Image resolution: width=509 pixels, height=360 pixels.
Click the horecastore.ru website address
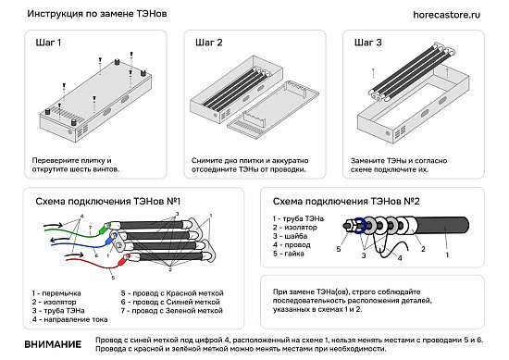(x=446, y=15)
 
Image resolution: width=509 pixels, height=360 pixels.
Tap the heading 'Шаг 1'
(x=48, y=43)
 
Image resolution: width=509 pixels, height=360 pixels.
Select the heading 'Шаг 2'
(x=209, y=43)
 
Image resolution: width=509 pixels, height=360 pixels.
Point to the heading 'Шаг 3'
(x=367, y=43)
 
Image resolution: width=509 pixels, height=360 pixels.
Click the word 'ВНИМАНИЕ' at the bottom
(x=53, y=344)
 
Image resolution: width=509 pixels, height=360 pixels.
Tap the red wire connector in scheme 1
(x=124, y=259)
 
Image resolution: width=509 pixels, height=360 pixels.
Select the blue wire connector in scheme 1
(x=109, y=241)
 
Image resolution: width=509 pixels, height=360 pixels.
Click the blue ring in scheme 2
(x=359, y=226)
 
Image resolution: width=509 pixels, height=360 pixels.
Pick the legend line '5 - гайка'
(x=288, y=254)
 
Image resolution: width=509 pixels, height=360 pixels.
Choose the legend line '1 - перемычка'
(x=56, y=293)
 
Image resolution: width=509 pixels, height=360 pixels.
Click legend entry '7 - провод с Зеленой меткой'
(x=172, y=311)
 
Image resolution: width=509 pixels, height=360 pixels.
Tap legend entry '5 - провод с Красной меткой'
(x=172, y=293)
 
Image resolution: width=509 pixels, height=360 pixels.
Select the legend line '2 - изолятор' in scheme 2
(x=294, y=228)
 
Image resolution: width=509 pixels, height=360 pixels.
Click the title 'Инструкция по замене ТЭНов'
(x=97, y=14)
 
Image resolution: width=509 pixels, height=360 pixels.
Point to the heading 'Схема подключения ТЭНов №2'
(x=346, y=202)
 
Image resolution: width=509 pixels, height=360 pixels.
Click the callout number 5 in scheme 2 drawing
(x=339, y=249)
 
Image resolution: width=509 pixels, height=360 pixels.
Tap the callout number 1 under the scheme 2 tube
(x=447, y=255)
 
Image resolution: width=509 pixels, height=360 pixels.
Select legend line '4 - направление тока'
(x=69, y=320)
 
